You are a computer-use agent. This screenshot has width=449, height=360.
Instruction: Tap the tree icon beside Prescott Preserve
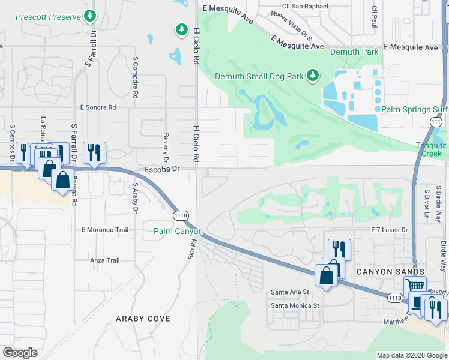(x=90, y=15)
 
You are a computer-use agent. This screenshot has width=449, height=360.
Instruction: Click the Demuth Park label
(x=355, y=52)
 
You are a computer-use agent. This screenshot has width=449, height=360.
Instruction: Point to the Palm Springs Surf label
(x=414, y=110)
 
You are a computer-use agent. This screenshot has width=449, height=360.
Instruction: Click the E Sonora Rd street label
(x=98, y=107)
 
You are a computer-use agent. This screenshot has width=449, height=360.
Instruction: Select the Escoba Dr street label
(x=163, y=170)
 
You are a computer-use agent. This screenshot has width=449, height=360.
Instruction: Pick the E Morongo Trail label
(x=105, y=230)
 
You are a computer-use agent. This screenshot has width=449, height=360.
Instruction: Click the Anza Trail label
(x=105, y=260)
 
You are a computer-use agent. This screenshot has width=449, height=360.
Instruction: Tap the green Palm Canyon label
(x=178, y=231)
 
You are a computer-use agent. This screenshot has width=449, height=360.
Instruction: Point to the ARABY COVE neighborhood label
(x=143, y=319)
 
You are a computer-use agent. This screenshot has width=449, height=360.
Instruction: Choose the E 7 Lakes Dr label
(x=389, y=230)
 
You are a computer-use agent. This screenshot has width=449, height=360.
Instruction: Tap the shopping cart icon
(x=415, y=286)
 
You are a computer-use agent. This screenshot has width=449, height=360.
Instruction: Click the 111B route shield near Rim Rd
(x=181, y=215)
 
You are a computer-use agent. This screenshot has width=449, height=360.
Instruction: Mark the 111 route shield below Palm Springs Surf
(x=436, y=122)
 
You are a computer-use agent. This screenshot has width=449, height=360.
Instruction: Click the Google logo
(x=20, y=353)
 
